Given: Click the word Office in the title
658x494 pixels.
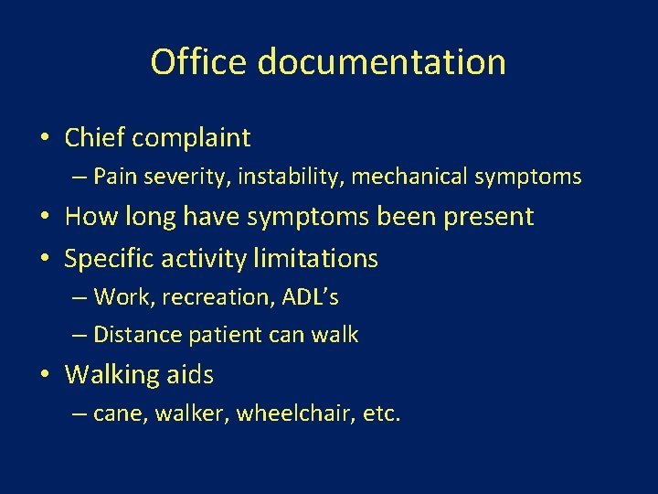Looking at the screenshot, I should click(199, 62).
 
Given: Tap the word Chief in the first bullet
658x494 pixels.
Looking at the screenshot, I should click(95, 138).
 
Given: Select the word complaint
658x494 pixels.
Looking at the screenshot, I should click(191, 139).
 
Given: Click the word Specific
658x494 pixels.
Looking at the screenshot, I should click(107, 260).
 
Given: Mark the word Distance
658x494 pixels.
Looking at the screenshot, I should click(138, 335).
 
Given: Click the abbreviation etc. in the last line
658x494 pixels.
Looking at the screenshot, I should click(381, 414).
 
